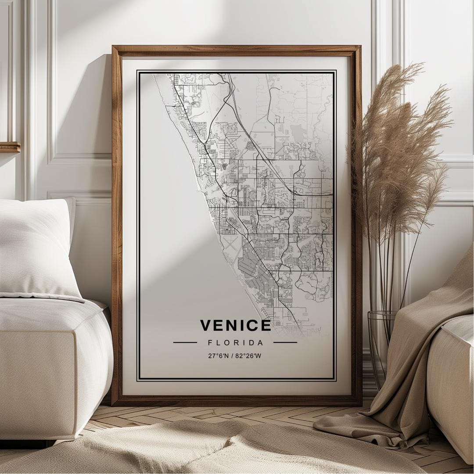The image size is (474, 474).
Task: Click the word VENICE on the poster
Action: pos(236,325)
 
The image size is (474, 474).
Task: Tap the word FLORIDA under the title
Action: pos(236,342)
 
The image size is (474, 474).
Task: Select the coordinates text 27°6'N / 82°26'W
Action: pos(235,355)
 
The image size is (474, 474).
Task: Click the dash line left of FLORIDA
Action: pos(185,342)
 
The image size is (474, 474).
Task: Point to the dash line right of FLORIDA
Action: pos(285,342)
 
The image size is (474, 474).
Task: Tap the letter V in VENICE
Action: pos(206,325)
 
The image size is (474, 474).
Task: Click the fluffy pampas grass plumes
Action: pos(395,145)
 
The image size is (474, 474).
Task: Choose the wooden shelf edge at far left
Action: pos(10,147)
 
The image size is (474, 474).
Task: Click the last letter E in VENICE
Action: pos(266,325)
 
